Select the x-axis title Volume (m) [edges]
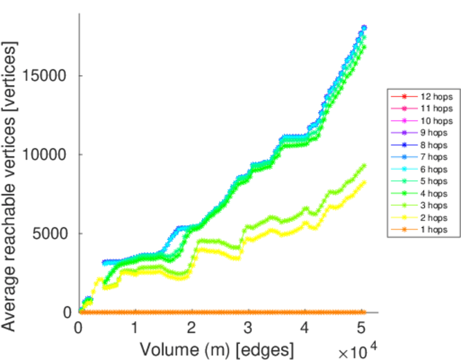tap(217, 348)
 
